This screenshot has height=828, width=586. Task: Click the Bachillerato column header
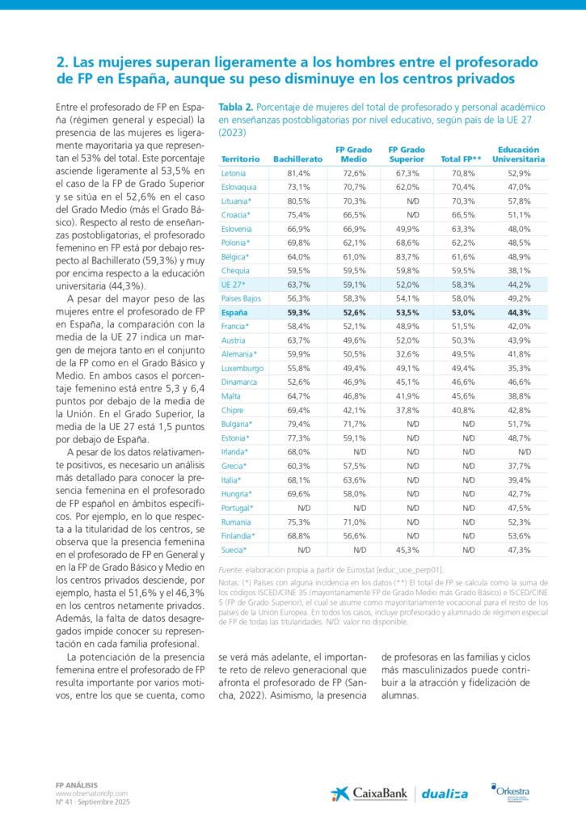[x=297, y=159]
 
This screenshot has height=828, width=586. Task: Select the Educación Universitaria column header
[x=514, y=154]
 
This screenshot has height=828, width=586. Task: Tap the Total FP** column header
[x=460, y=159]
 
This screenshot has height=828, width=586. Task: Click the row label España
[x=234, y=312]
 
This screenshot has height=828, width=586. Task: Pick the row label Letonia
[x=233, y=173]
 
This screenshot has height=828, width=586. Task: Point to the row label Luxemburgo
[x=242, y=368]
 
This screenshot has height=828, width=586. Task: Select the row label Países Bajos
[x=241, y=298]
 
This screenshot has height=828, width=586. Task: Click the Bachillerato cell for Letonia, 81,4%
[x=298, y=173]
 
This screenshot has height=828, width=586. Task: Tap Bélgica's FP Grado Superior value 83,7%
[x=407, y=256]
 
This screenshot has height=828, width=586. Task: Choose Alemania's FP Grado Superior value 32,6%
[x=407, y=354]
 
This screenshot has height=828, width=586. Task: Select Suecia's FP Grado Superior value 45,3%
[x=407, y=550]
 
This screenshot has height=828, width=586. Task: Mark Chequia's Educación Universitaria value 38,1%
[x=519, y=271]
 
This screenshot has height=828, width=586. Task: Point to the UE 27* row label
[x=234, y=285]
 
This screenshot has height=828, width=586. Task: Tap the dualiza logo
[x=446, y=794]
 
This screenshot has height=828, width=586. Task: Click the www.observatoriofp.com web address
[x=86, y=793]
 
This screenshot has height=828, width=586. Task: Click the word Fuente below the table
[x=233, y=570]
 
